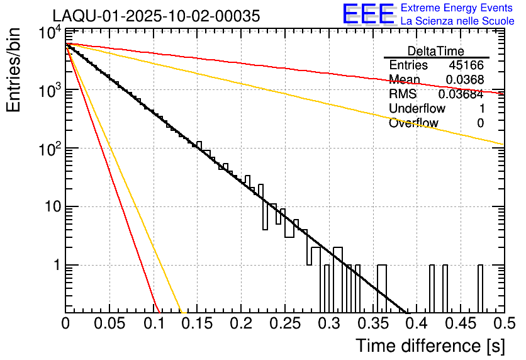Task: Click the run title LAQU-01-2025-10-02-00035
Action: (x=155, y=16)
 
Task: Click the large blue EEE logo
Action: (x=368, y=14)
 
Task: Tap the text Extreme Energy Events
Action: (x=457, y=8)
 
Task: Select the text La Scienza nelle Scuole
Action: (x=457, y=21)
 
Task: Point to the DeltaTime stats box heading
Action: (x=436, y=51)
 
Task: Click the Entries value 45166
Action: (x=466, y=65)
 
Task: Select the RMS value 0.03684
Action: (x=461, y=94)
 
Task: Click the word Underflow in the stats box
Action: (x=417, y=108)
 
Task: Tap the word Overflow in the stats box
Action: (x=413, y=123)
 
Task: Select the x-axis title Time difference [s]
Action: (x=429, y=346)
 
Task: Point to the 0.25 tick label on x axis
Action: (x=284, y=324)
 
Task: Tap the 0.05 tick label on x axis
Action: (x=109, y=324)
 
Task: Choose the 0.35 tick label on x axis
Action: (x=372, y=324)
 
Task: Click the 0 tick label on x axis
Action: (x=65, y=324)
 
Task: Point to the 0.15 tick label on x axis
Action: (x=196, y=324)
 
